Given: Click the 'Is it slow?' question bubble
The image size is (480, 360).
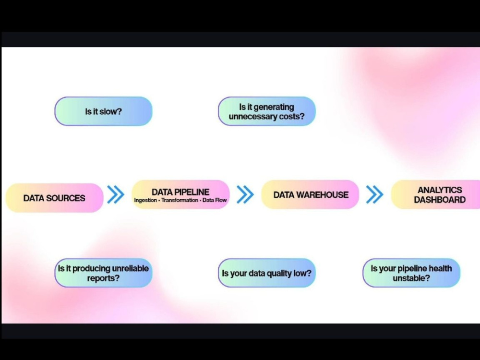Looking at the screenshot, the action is [104, 111].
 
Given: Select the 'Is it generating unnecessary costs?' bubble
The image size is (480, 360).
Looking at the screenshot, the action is [266, 111].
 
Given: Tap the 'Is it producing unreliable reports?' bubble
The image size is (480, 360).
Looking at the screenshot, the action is [104, 273].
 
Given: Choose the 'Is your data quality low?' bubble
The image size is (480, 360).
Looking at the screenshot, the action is [266, 273].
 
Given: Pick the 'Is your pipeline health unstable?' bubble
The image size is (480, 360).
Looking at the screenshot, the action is [411, 273].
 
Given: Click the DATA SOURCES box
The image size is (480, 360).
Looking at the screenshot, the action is [55, 198].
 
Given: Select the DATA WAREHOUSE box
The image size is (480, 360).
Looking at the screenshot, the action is [310, 194].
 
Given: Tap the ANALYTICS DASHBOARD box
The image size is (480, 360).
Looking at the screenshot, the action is [436, 194].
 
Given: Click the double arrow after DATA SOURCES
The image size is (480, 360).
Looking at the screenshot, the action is [116, 194].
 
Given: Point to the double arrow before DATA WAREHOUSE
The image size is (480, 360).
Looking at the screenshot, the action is [245, 194].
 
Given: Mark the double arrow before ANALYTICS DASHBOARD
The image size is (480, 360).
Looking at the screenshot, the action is [375, 194].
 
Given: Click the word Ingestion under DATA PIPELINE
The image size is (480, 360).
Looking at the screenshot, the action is [145, 200].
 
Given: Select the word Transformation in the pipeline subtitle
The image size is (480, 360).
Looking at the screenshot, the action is [180, 200].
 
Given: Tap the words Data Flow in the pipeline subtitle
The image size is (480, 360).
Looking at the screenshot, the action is [215, 200].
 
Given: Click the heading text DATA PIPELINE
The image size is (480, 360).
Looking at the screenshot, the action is [180, 192].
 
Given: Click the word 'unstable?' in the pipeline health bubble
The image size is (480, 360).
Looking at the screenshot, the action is [411, 278].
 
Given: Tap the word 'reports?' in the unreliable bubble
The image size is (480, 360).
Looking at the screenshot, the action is [103, 278].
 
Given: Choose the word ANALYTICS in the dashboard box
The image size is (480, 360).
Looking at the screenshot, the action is [440, 190].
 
